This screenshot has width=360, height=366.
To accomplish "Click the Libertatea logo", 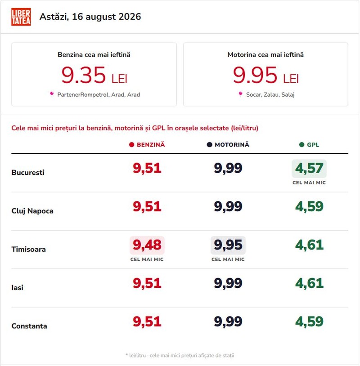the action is coord(21,17).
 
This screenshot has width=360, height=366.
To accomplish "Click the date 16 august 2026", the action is coord(106,17).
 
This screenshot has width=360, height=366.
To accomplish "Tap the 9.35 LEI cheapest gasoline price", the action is coord(94,75).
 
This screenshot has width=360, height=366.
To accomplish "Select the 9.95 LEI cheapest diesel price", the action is coord(266,75).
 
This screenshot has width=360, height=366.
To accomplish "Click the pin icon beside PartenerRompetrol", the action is coord(52,94).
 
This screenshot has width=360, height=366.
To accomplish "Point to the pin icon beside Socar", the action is coord(240,94).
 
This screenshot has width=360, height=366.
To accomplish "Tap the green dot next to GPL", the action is coord(301,145).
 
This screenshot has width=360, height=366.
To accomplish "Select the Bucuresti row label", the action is coord(28,173).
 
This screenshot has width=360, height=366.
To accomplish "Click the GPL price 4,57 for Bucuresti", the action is coord(309,168).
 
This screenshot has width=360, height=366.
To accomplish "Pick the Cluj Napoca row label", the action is coord(32,211).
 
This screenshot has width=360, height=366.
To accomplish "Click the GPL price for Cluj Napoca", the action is coord(309,206).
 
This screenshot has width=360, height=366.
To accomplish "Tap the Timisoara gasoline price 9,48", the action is coord(147,245).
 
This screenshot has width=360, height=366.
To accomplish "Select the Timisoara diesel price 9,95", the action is coord(228,245).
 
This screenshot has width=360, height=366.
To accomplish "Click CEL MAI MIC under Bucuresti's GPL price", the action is coord(309,183).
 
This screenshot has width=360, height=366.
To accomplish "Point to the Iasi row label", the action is coord(17,288).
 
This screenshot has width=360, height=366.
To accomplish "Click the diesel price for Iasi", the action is coord(228,283).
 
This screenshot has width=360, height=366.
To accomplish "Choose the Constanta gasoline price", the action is coord(147,321).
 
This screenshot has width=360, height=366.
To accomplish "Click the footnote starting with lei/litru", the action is coord(180,356).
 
